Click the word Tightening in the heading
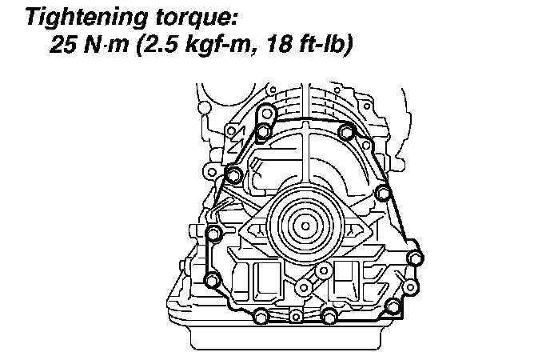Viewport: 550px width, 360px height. point(86,18)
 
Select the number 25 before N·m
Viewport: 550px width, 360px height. point(63,45)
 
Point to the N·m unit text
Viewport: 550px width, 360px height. point(106,45)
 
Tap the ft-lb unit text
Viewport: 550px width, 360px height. point(325,46)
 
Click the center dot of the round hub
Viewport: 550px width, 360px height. point(305,226)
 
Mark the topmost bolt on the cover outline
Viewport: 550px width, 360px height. point(266,114)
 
